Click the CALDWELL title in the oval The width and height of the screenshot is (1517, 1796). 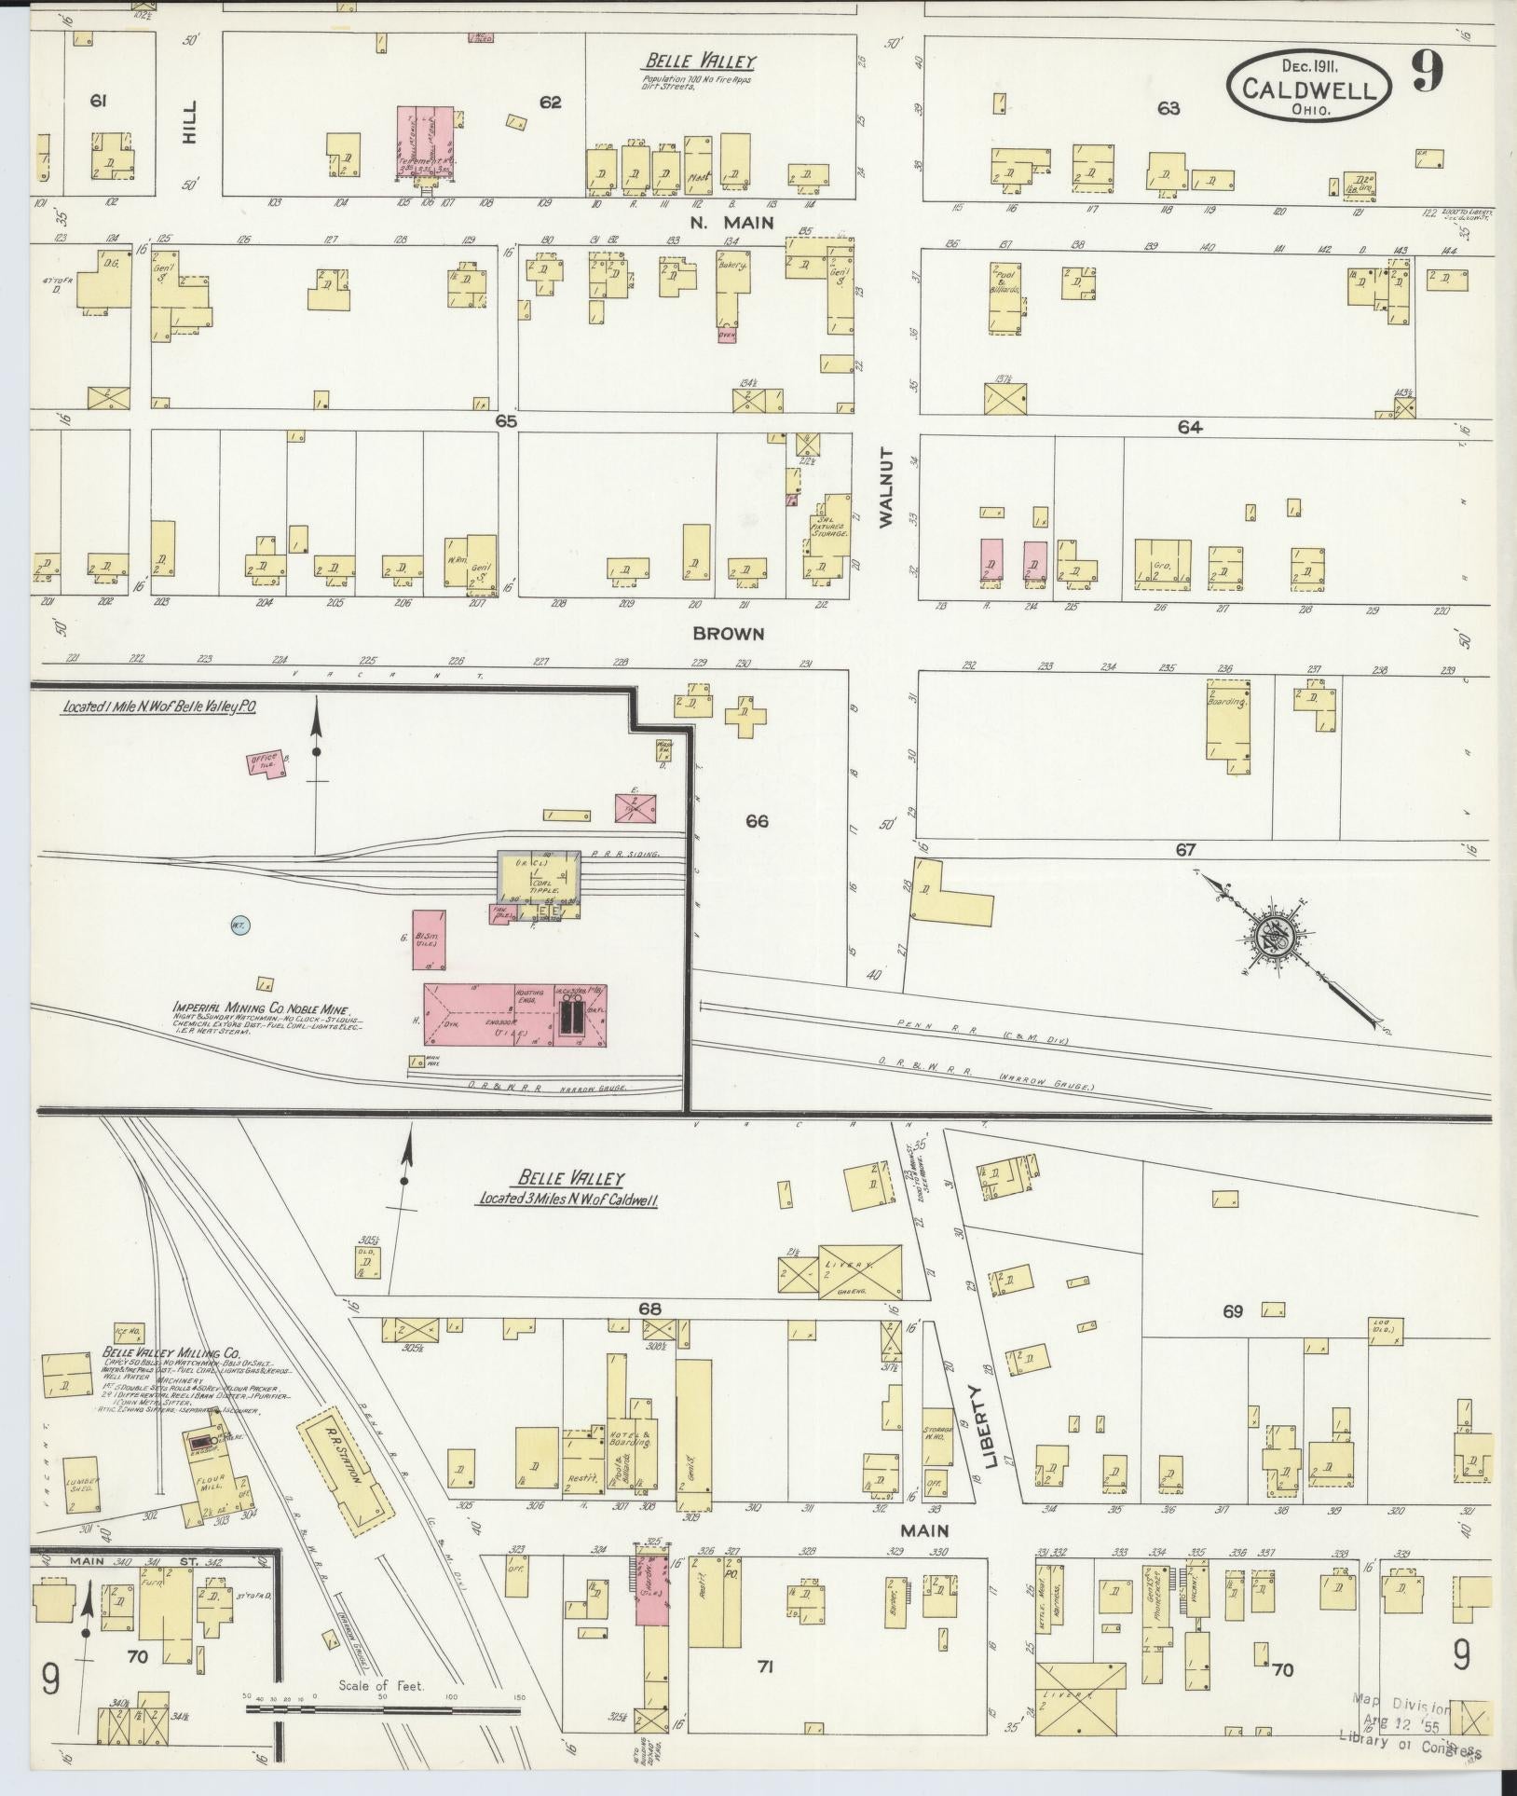(1309, 89)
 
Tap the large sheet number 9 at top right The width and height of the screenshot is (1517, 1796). (1426, 70)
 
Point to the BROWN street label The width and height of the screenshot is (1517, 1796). (741, 634)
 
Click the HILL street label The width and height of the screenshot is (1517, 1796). (190, 121)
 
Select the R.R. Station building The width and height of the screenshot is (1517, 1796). (343, 1479)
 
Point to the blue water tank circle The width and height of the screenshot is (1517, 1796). (237, 926)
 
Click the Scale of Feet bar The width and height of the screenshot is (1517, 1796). (383, 1709)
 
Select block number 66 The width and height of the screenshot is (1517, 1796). (757, 821)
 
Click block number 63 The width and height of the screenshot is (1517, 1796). (1168, 109)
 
